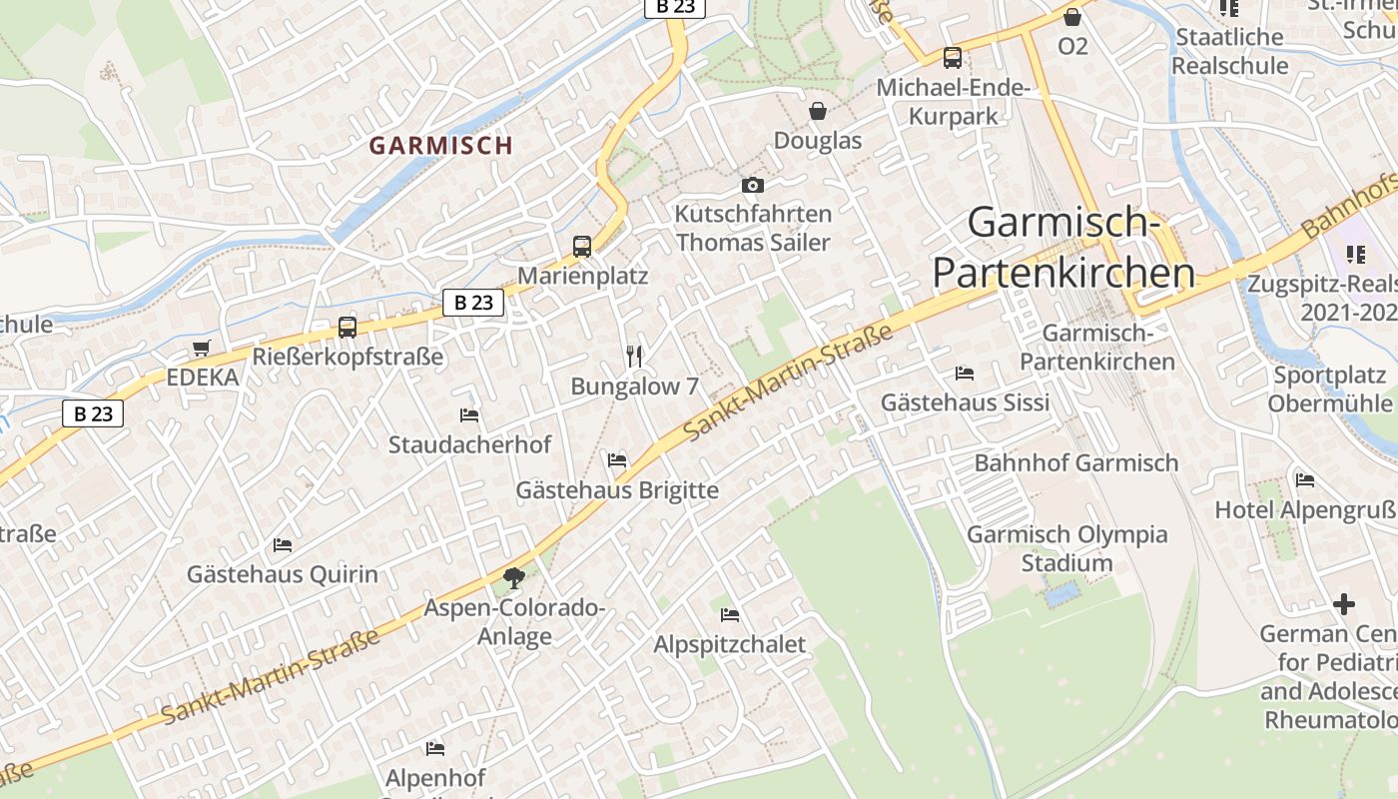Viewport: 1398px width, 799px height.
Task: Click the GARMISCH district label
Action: (440, 145)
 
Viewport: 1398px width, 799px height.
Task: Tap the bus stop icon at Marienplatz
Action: (582, 246)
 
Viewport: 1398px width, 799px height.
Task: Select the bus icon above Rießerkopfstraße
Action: (348, 327)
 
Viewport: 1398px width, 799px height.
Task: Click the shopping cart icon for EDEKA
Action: (202, 348)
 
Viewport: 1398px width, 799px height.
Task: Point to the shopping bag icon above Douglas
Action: (818, 110)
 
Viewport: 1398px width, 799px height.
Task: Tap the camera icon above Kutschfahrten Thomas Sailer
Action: (753, 185)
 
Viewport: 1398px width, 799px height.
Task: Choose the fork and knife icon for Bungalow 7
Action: (634, 357)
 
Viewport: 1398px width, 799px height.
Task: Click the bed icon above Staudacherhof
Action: (469, 414)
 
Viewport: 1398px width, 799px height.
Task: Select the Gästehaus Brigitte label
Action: (617, 490)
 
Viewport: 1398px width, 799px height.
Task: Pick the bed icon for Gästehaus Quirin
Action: (283, 545)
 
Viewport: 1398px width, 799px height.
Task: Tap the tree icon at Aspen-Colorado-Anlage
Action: (514, 577)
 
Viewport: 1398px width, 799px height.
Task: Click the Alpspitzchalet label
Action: (729, 644)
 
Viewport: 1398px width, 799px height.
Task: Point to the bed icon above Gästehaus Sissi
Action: (965, 374)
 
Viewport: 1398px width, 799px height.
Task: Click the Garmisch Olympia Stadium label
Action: (1066, 548)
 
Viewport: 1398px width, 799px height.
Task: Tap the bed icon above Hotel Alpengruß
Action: (1305, 480)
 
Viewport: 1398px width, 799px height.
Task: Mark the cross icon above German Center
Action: (1344, 604)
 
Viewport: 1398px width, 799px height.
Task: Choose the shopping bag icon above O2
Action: (1072, 17)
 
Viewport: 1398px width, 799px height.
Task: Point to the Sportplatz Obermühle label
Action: (1330, 390)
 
